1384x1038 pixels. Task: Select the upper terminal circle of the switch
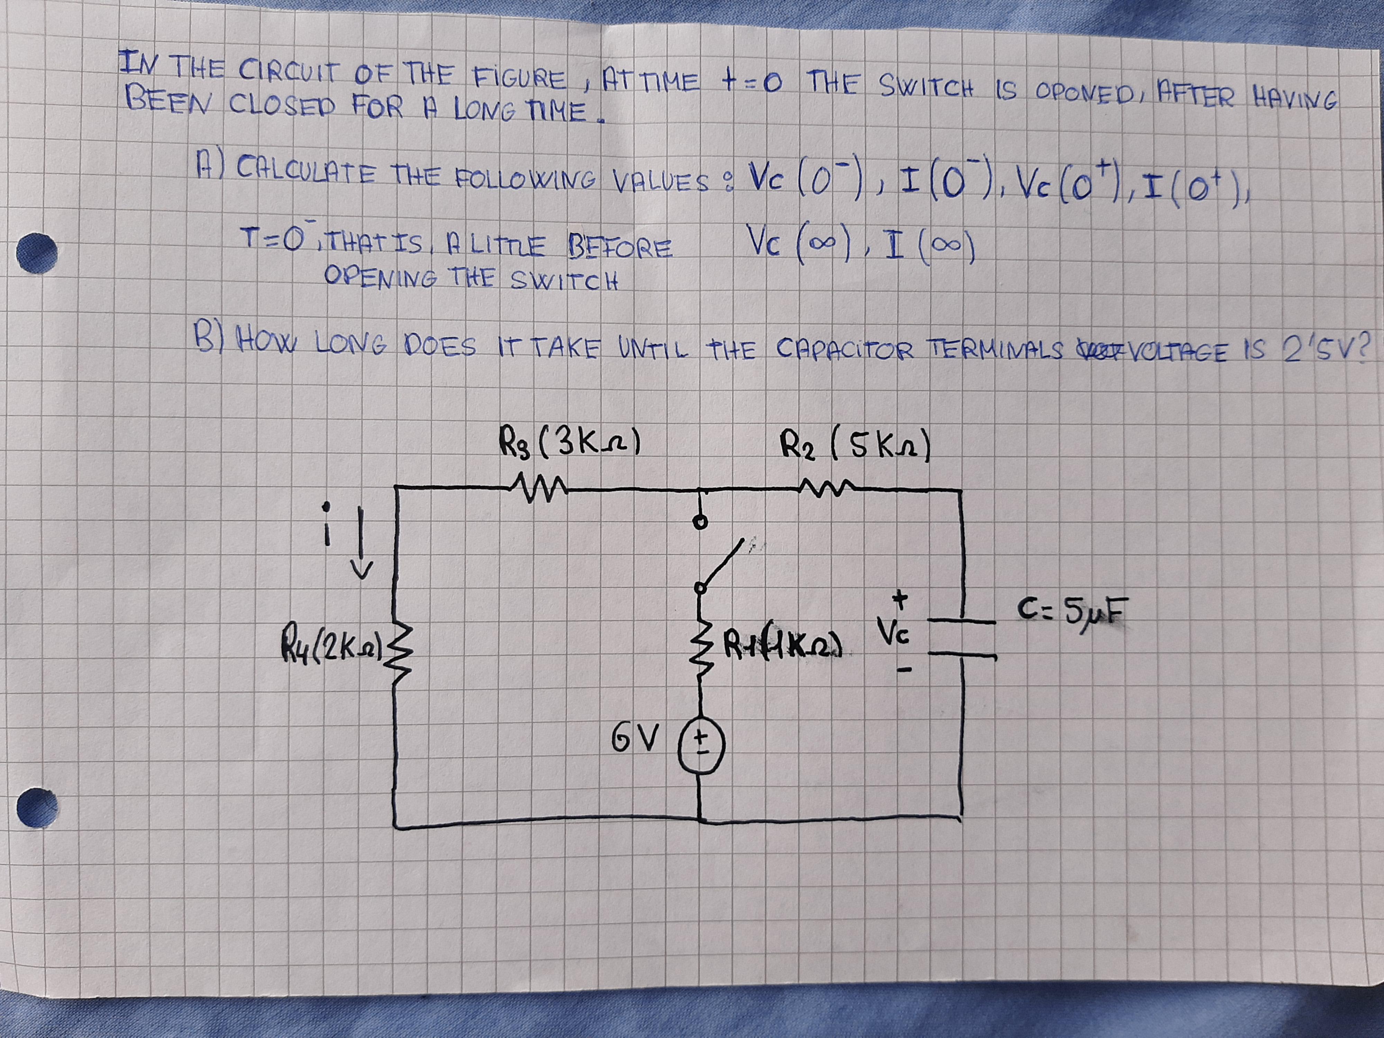tap(702, 521)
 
